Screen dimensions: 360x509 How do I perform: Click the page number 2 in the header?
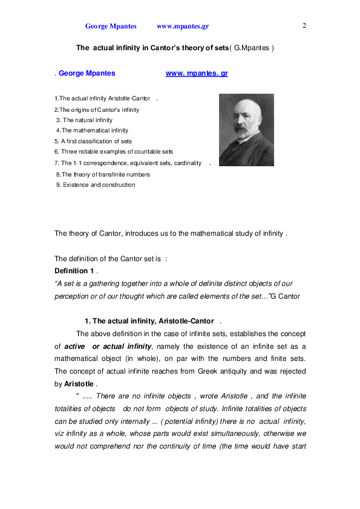click(x=304, y=25)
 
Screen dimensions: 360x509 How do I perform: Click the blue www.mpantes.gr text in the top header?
click(x=182, y=27)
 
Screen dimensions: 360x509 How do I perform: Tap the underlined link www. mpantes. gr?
click(x=197, y=73)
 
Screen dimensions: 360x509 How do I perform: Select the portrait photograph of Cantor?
click(x=246, y=129)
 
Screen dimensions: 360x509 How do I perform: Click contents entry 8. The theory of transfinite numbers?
click(x=103, y=174)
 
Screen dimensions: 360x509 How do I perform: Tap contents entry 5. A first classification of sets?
click(x=93, y=141)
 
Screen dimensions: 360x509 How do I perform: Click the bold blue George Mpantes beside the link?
click(x=87, y=73)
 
